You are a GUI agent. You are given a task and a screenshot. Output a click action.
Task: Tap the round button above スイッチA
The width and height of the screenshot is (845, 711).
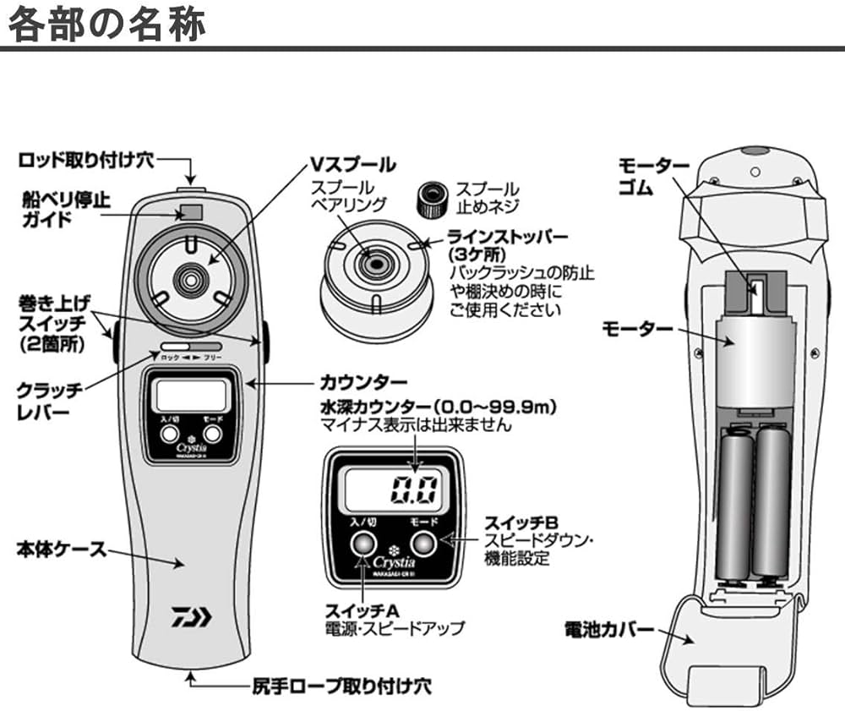[363, 542]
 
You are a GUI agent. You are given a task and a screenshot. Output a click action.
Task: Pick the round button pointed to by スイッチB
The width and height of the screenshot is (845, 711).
[423, 542]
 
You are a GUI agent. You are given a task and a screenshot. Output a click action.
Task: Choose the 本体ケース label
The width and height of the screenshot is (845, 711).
[62, 549]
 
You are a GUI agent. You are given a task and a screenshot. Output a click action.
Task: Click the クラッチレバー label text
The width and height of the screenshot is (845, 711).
[51, 401]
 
